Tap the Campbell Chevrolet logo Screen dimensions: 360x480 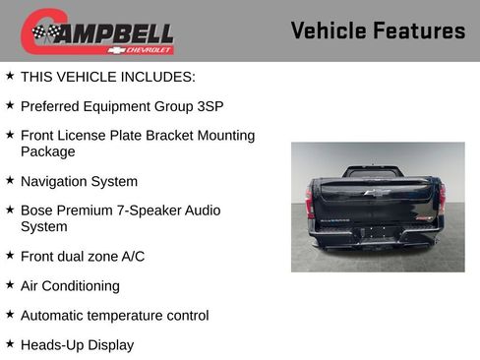click(x=97, y=31)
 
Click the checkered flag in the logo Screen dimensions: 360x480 click(x=44, y=32)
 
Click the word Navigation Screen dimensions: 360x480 click(x=55, y=181)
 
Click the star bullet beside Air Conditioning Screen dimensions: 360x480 click(x=10, y=285)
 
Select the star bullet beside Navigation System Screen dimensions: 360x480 click(x=10, y=181)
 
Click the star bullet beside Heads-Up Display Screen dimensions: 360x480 click(x=10, y=344)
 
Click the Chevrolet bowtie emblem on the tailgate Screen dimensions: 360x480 click(x=377, y=192)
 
